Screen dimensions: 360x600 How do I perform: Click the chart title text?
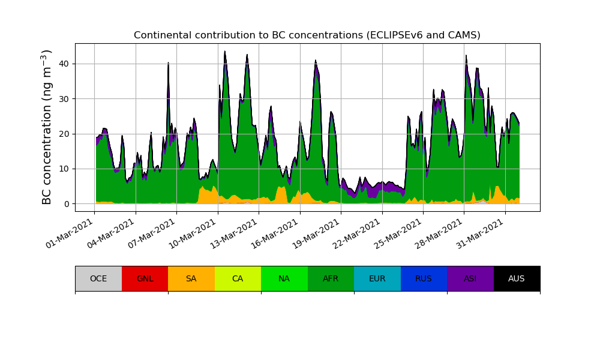pyautogui.click(x=307, y=35)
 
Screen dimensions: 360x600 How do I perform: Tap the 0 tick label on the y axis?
pyautogui.click(x=66, y=204)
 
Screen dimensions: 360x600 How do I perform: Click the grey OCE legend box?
pyautogui.click(x=98, y=278)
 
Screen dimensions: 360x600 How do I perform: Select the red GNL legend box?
pyautogui.click(x=145, y=278)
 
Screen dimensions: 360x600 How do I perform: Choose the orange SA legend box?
pyautogui.click(x=191, y=278)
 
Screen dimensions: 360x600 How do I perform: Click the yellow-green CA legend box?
pyautogui.click(x=238, y=278)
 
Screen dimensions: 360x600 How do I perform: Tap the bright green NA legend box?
pyautogui.click(x=284, y=278)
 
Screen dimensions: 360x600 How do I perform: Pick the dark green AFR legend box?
pyautogui.click(x=331, y=278)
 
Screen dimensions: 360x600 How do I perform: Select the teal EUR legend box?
pyautogui.click(x=377, y=278)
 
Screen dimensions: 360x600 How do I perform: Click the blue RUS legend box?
pyautogui.click(x=424, y=278)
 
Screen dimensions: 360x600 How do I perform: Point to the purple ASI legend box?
pyautogui.click(x=470, y=278)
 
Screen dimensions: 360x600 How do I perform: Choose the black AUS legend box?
pyautogui.click(x=517, y=278)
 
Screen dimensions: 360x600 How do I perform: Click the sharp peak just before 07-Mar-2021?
pyautogui.click(x=168, y=63)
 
